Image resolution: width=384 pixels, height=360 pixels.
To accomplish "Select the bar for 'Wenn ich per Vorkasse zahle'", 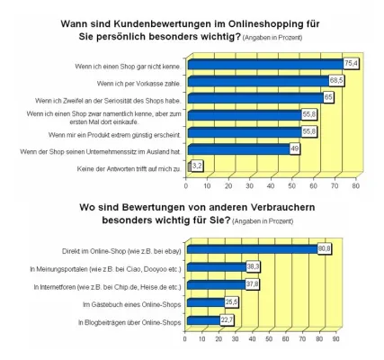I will [251, 80].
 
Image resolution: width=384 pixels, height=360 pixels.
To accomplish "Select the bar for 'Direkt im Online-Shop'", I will [251, 248].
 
